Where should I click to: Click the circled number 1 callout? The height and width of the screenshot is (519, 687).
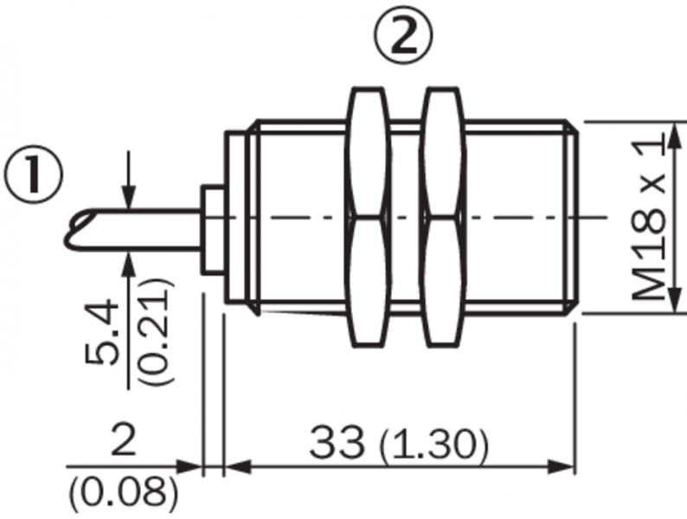33,176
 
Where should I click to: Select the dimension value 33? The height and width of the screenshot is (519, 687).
337,443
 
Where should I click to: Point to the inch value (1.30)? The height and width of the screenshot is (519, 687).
433,445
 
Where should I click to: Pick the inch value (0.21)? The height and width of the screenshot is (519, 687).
156,331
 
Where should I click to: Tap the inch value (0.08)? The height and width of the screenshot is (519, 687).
124,494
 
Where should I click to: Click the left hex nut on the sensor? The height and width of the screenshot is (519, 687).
368,218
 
